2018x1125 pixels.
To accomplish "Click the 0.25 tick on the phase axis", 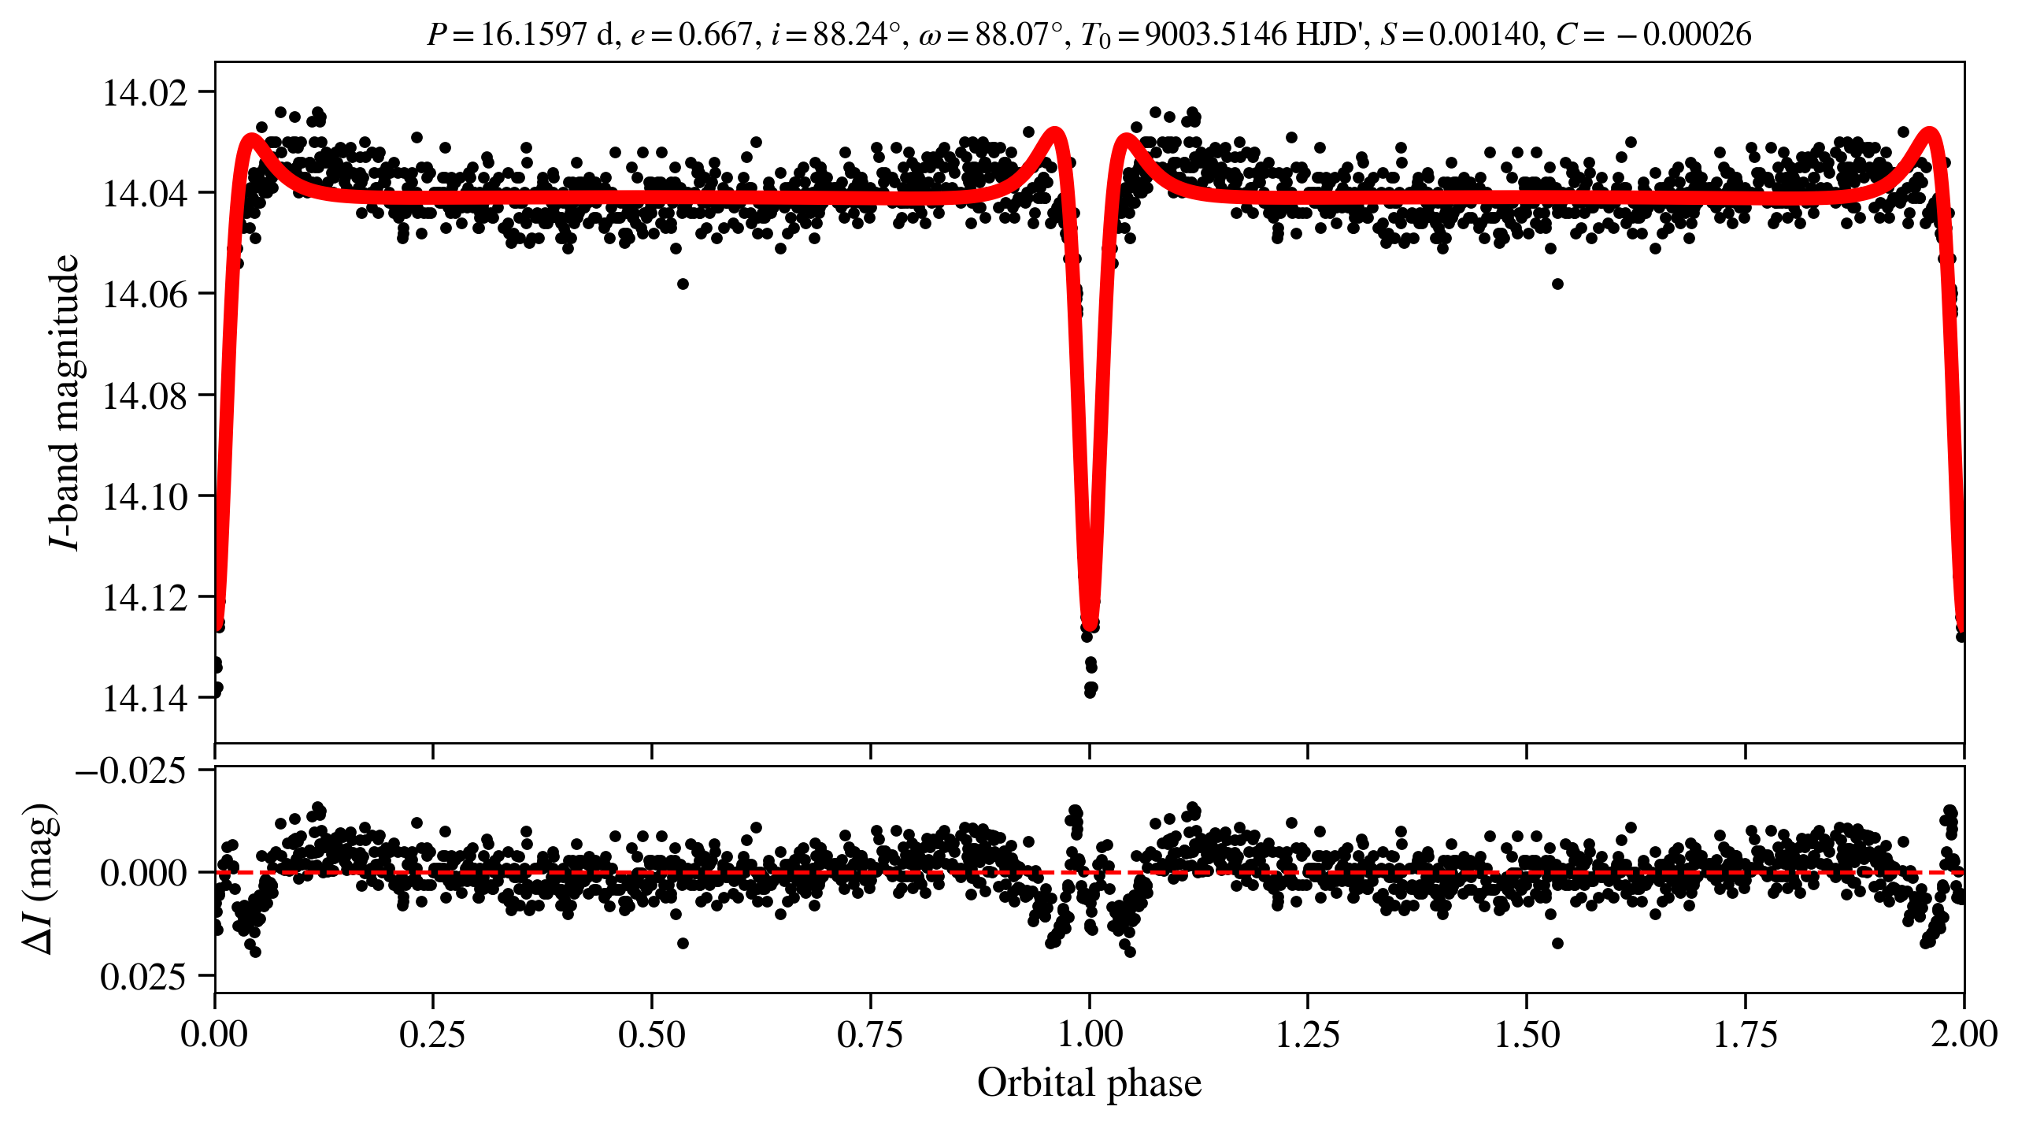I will [x=432, y=1034].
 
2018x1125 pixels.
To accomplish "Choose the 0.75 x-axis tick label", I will [x=870, y=1034].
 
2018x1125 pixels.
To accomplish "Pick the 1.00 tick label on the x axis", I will [x=1090, y=1034].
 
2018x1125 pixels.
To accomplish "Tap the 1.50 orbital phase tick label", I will [x=1527, y=1034].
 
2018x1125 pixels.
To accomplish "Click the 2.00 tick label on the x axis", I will [x=1964, y=1034].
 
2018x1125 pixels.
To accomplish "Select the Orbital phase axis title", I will [x=1090, y=1082].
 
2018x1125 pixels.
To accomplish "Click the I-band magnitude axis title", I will [x=65, y=402].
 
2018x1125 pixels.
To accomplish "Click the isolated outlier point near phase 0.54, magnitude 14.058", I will [x=683, y=284].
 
